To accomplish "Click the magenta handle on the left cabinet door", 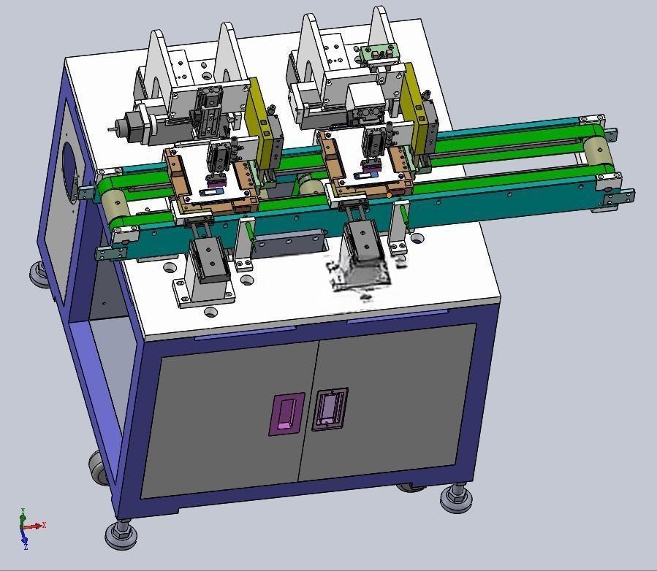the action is pos(286,414).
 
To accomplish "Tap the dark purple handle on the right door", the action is pos(330,409).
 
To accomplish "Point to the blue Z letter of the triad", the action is pos(26,547).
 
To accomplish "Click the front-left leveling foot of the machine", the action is pos(121,534).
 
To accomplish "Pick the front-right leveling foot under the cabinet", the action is pos(457,498).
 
